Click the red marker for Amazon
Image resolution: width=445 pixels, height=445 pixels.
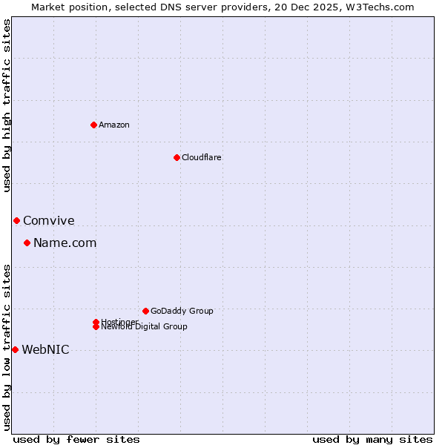coord(93,125)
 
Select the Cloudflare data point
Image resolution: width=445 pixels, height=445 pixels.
coord(177,157)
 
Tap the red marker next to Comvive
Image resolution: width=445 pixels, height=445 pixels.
coord(16,220)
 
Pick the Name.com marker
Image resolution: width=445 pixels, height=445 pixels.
coord(27,243)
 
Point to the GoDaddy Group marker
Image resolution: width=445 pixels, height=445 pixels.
coord(145,311)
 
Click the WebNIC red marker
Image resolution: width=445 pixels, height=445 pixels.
coord(15,349)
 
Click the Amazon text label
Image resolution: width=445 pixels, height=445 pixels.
coord(114,125)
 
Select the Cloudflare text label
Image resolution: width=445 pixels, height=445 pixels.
coord(202,157)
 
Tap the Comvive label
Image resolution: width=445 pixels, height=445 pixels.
coord(49,220)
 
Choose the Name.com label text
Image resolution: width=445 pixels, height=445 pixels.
coord(65,243)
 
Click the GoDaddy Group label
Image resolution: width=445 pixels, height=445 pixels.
coord(182,311)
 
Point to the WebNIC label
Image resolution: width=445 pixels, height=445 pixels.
coord(46,349)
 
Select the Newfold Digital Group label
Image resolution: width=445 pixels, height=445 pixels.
coord(145,327)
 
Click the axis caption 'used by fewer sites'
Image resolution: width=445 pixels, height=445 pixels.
coord(76,439)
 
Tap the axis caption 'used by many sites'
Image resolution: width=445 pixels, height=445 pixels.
coord(372,439)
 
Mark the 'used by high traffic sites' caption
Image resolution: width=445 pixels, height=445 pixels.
coord(7,105)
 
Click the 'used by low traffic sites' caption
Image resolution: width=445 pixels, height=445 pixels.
coord(7,346)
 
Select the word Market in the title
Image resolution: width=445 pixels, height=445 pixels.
coord(49,7)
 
